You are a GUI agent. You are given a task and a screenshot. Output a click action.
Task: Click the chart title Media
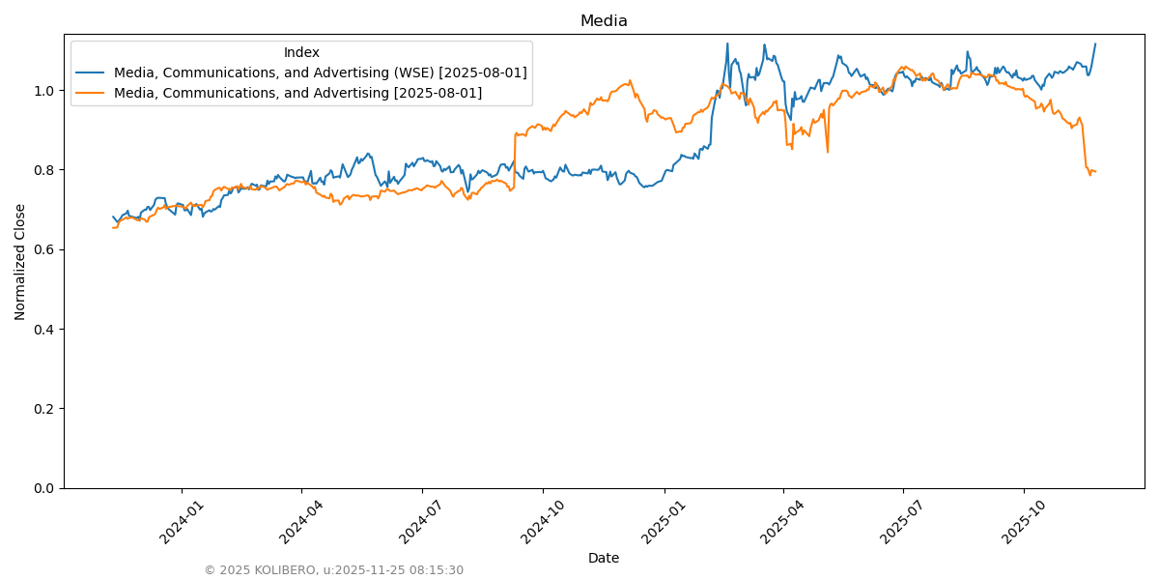point(604,21)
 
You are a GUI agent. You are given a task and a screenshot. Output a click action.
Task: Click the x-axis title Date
point(604,558)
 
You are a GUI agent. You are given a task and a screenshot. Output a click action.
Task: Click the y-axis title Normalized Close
point(20,261)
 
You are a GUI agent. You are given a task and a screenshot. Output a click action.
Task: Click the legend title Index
point(301,52)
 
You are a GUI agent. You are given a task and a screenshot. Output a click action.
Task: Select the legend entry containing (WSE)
point(320,72)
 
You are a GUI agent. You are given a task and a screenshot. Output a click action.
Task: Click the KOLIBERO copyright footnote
point(333,570)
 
